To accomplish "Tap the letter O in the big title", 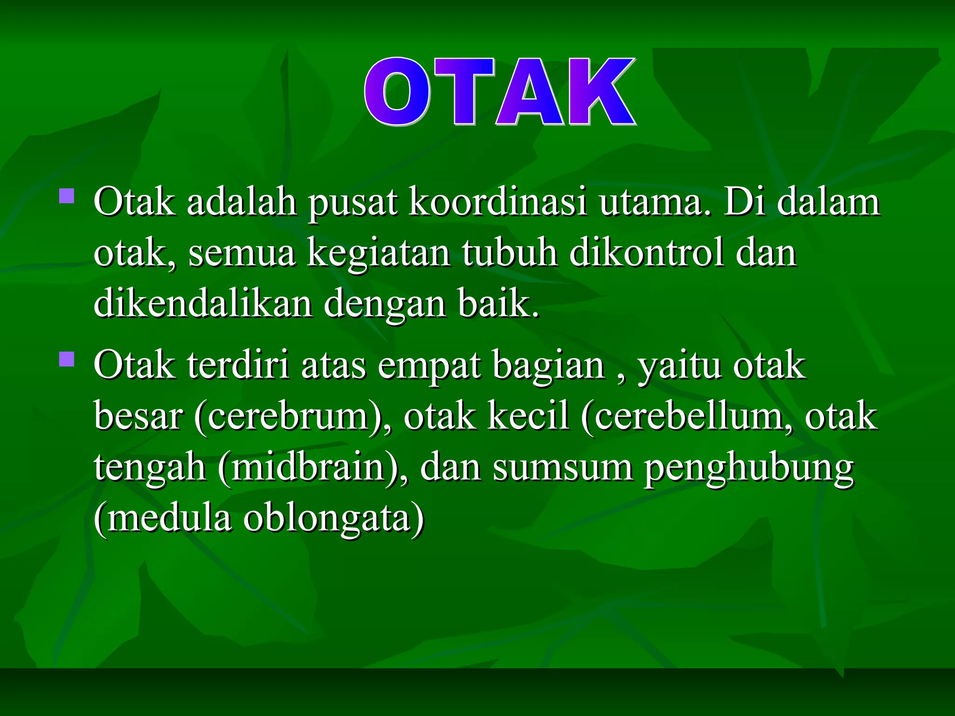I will click(x=397, y=92).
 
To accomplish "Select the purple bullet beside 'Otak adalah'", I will click(x=67, y=195).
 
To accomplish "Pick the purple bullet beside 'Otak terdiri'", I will click(x=67, y=359).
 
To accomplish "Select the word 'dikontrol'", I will click(x=646, y=253).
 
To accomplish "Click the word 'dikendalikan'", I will click(x=203, y=304).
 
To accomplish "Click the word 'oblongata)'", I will click(x=334, y=519).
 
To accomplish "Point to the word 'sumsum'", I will click(x=562, y=468).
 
